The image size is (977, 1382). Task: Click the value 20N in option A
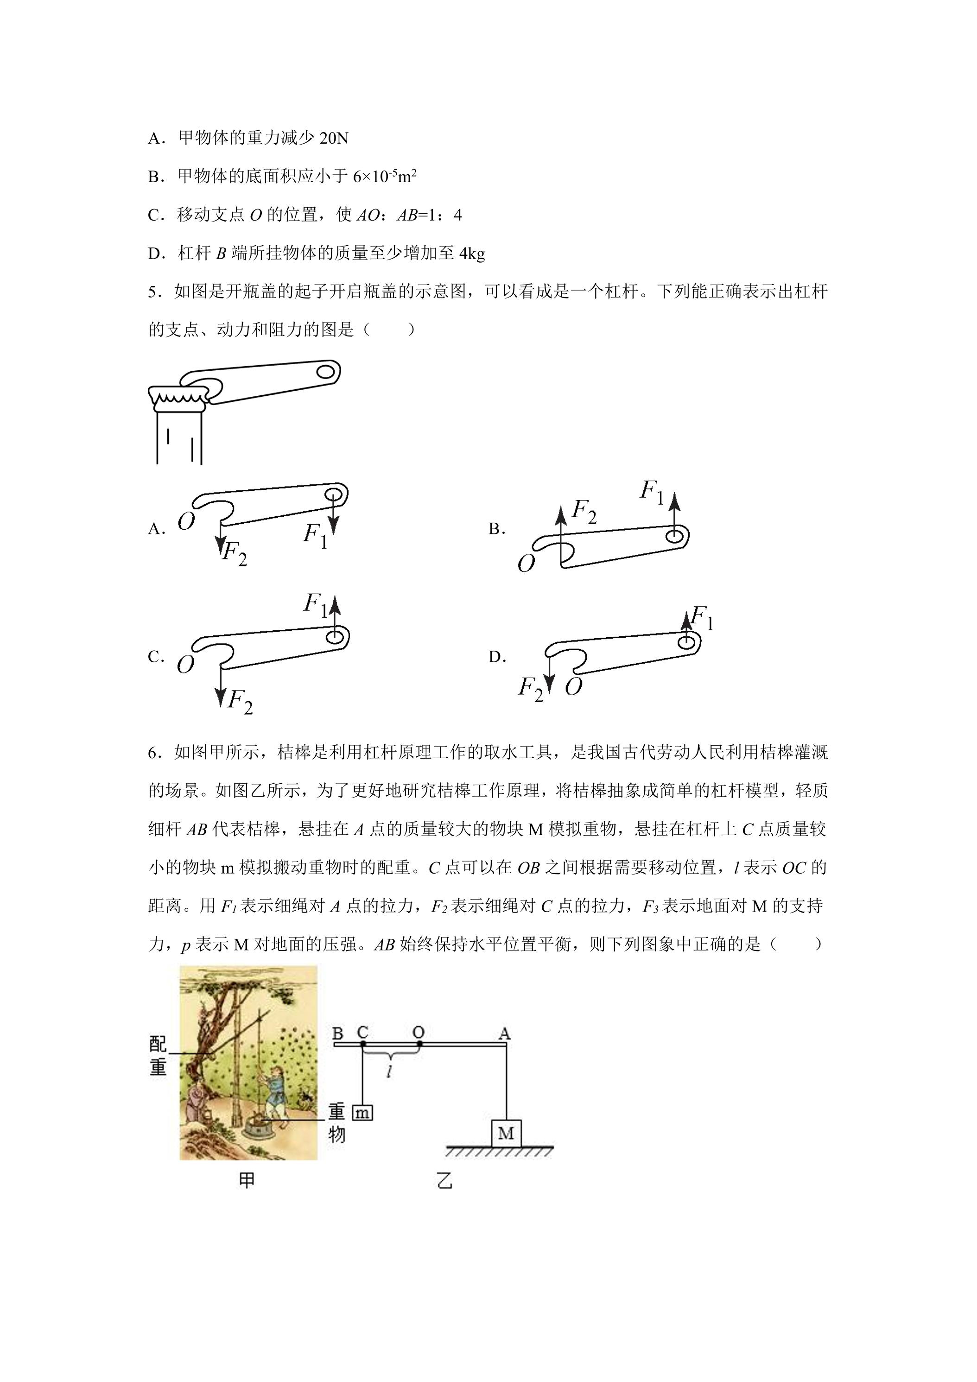[x=334, y=139]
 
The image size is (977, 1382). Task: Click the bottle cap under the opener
[x=179, y=397]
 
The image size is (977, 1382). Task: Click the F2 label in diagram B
[x=584, y=511]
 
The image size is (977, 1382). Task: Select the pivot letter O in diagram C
[x=185, y=665]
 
